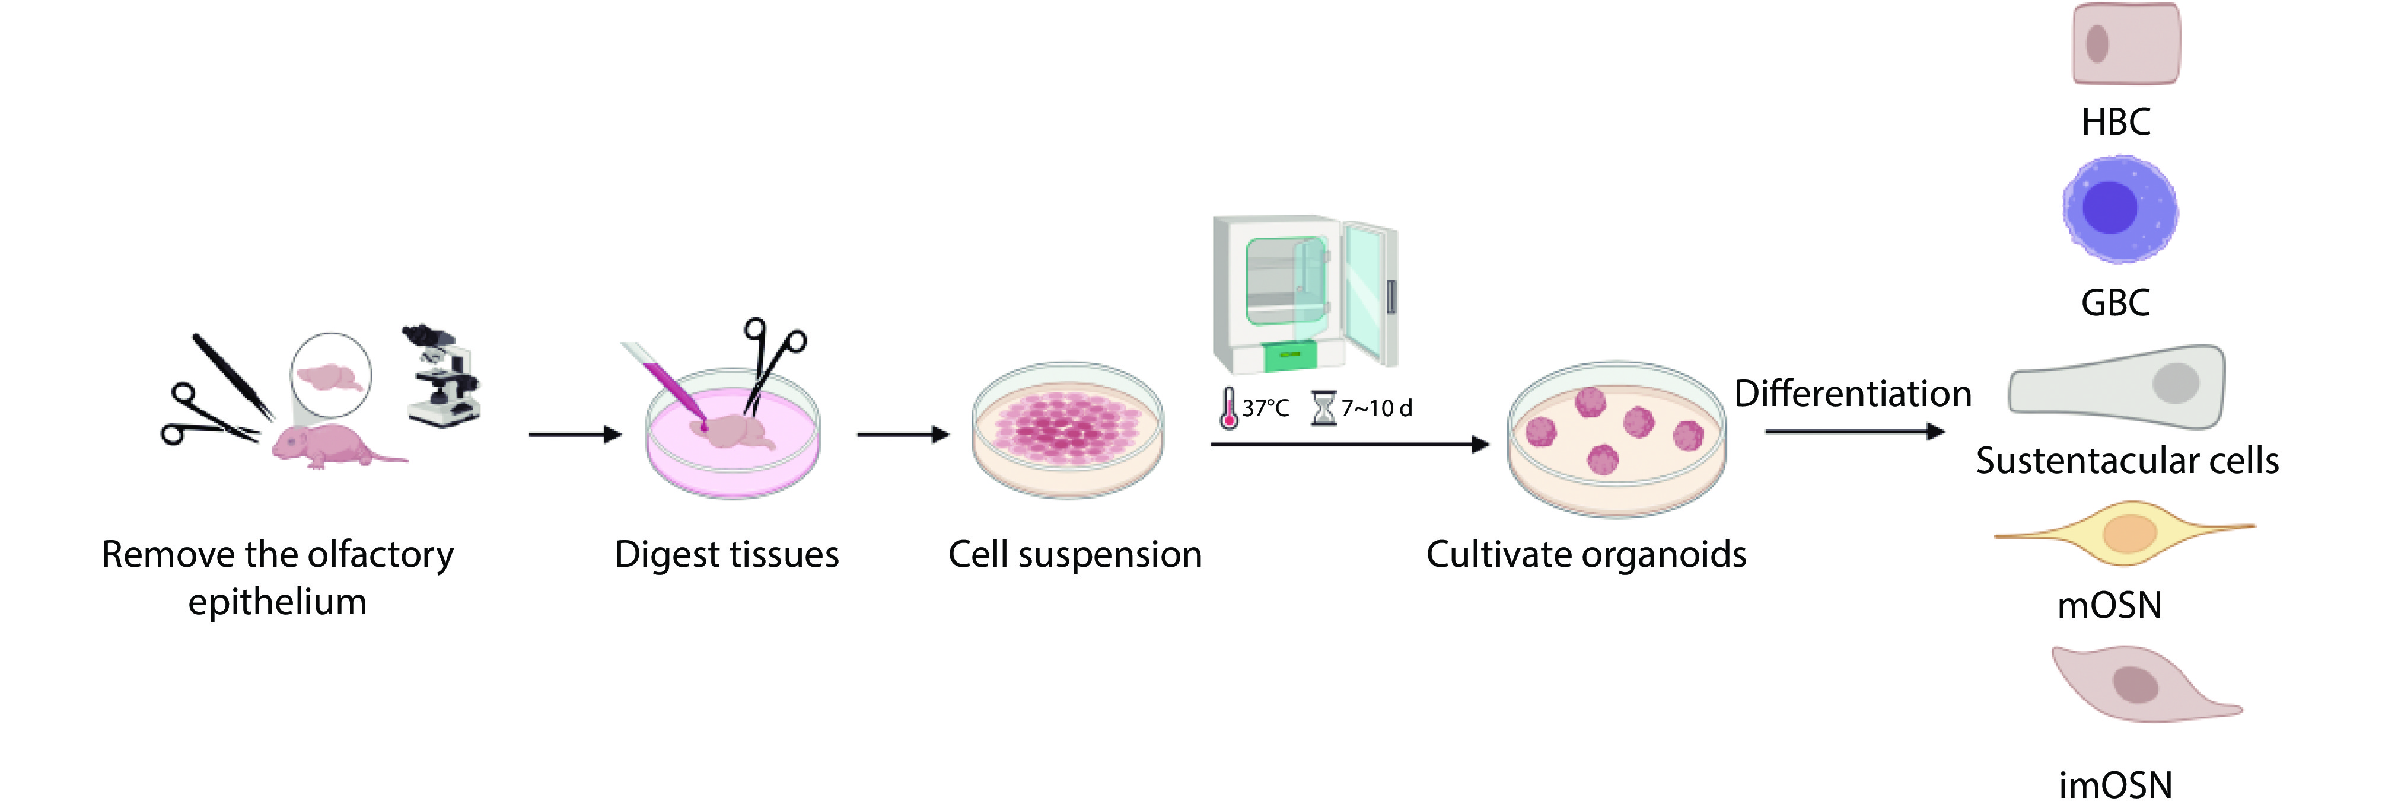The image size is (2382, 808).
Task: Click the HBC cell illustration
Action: (2126, 43)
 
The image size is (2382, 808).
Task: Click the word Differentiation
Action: (1852, 393)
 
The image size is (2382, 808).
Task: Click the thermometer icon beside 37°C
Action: (1228, 408)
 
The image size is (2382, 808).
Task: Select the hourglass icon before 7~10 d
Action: (1324, 408)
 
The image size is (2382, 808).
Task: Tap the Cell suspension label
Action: (1075, 555)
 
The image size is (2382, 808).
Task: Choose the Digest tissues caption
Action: (727, 555)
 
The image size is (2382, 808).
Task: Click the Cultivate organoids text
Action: (1586, 555)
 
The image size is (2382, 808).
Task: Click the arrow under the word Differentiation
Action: (1855, 431)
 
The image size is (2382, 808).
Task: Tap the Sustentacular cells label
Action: (2127, 461)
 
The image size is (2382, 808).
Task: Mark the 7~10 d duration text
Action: (1377, 408)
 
